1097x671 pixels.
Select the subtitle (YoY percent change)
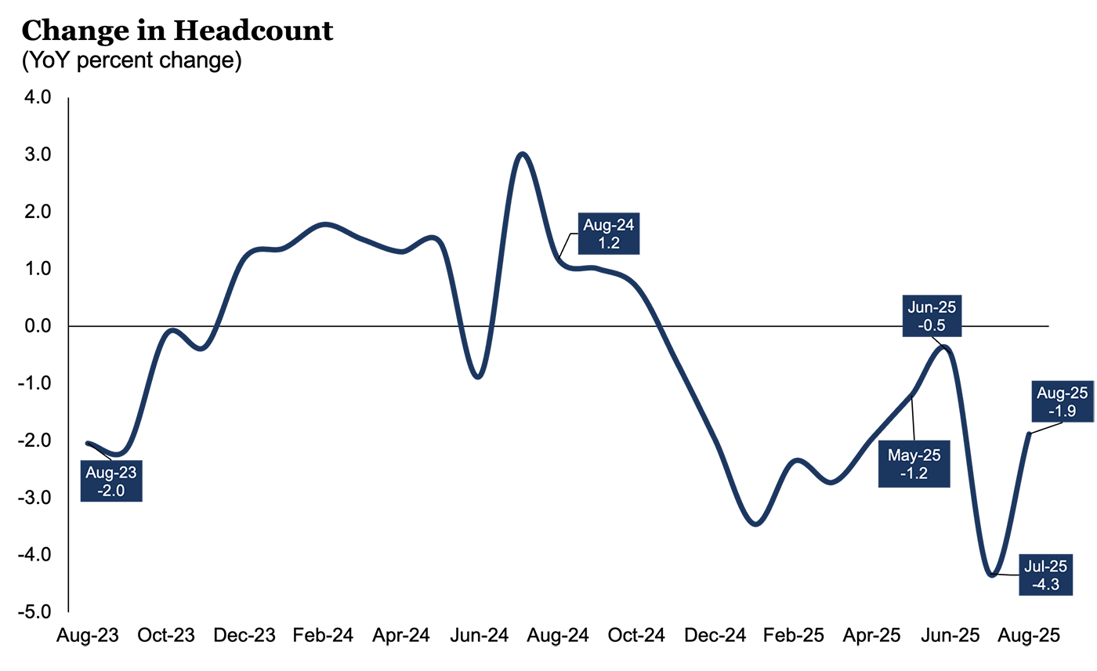click(132, 61)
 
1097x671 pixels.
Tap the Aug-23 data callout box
click(111, 481)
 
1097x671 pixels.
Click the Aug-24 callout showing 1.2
click(609, 233)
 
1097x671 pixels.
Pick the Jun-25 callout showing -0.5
click(932, 316)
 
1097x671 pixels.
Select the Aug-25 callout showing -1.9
click(1062, 401)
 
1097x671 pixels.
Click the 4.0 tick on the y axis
click(38, 98)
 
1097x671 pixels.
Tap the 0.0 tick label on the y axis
click(38, 326)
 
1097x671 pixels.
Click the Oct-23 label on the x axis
click(167, 636)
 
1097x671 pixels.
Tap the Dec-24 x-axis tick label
click(715, 636)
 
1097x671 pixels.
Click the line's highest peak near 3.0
click(523, 154)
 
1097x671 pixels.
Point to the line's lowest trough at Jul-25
click(994, 575)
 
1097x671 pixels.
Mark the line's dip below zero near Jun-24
click(478, 377)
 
